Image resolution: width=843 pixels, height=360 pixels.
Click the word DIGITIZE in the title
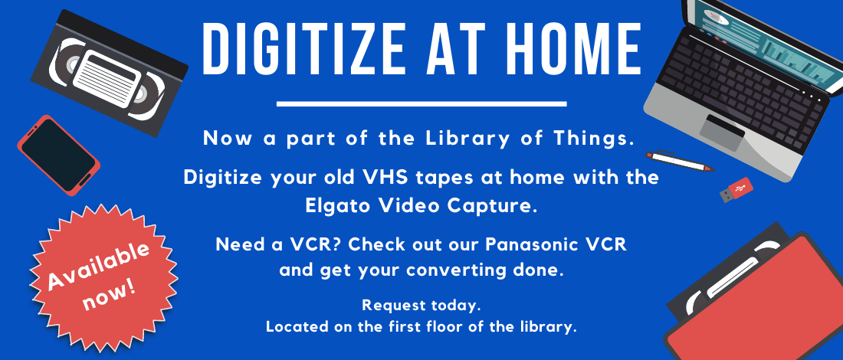tap(303, 51)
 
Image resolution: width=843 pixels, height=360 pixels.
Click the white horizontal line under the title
tap(421, 103)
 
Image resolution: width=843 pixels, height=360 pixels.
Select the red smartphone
tap(58, 155)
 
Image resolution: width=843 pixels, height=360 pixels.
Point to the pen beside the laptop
tap(680, 161)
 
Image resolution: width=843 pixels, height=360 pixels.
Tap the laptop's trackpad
tap(722, 133)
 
